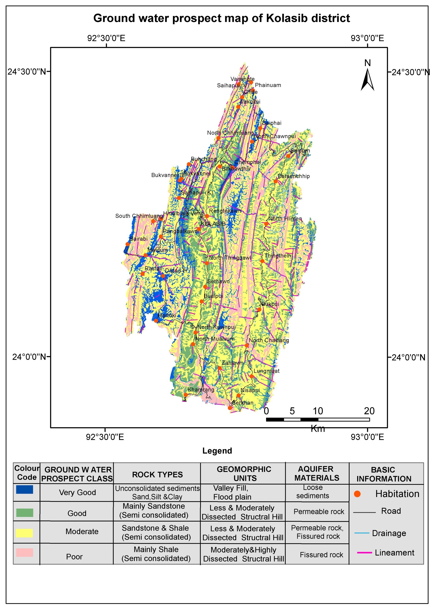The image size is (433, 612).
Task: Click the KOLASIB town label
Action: pyautogui.click(x=213, y=224)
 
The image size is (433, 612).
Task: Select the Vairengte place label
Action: pyautogui.click(x=242, y=79)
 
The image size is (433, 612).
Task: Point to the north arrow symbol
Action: pyautogui.click(x=367, y=79)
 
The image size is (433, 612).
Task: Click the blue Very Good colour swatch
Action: pyautogui.click(x=25, y=489)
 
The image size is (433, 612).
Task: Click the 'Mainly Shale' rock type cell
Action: pyautogui.click(x=156, y=554)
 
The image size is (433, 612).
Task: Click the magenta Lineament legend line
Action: pyautogui.click(x=364, y=553)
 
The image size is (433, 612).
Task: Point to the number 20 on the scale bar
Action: pyautogui.click(x=369, y=411)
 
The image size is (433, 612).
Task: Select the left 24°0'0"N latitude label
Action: pyautogui.click(x=29, y=357)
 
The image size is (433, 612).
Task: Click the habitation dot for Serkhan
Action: pyautogui.click(x=230, y=408)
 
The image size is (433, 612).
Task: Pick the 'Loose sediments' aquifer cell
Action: pyautogui.click(x=312, y=492)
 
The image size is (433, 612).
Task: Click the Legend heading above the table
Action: pyautogui.click(x=217, y=451)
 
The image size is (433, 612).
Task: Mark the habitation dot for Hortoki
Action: pyautogui.click(x=156, y=321)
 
